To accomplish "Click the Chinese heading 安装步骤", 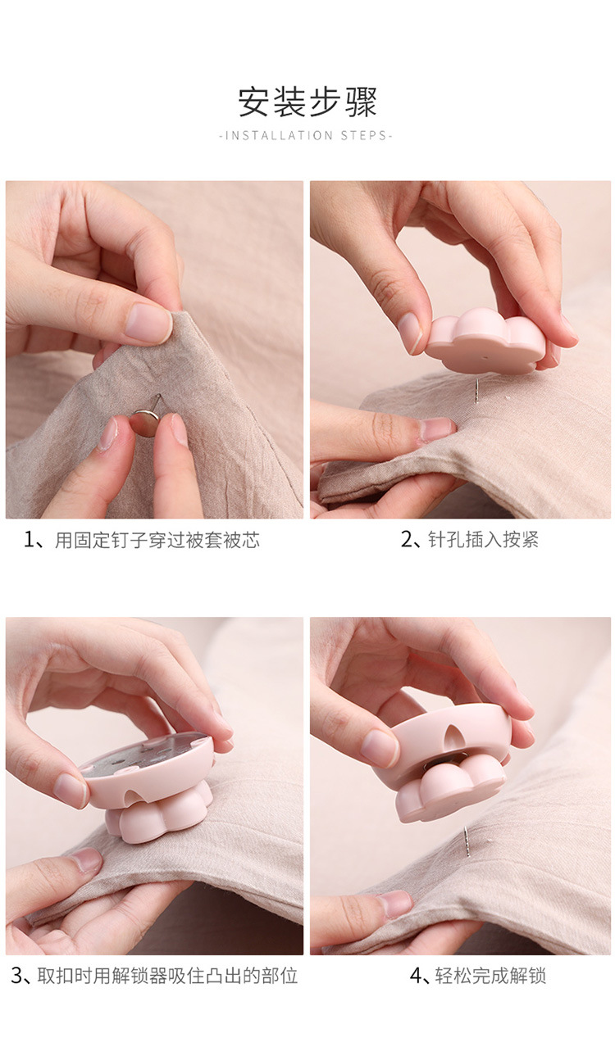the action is click(307, 102).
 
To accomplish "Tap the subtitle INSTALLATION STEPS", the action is click(305, 135).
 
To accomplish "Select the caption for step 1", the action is click(142, 541).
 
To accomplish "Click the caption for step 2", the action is click(470, 540).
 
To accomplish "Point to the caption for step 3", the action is click(154, 976).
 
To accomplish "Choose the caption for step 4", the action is click(477, 976).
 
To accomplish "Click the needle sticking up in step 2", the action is click(476, 391).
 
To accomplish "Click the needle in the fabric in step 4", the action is click(467, 841).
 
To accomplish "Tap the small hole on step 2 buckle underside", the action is click(485, 359).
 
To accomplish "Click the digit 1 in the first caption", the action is click(29, 541).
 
